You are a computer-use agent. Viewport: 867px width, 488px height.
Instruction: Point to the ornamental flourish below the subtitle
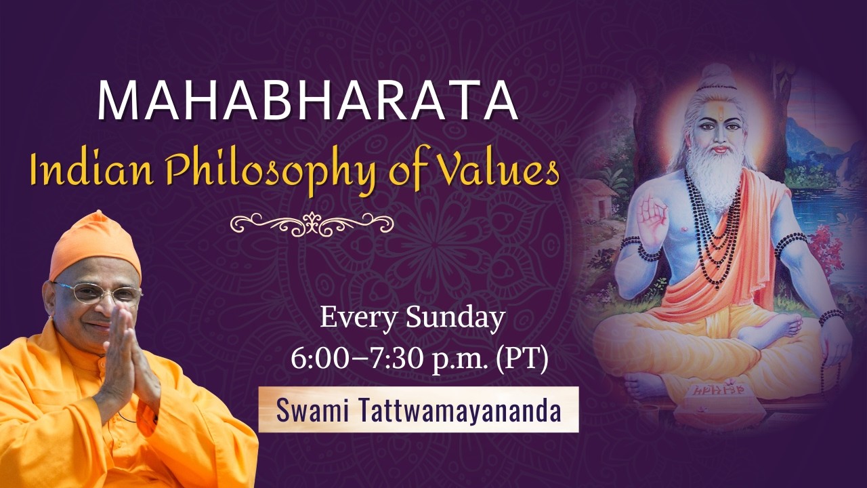pos(312,222)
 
